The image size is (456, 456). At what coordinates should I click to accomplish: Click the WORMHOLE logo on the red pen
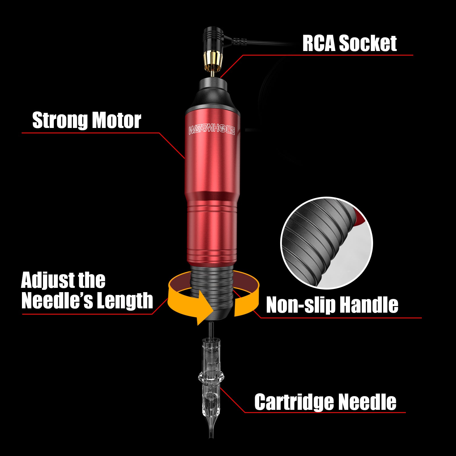coord(211,131)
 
